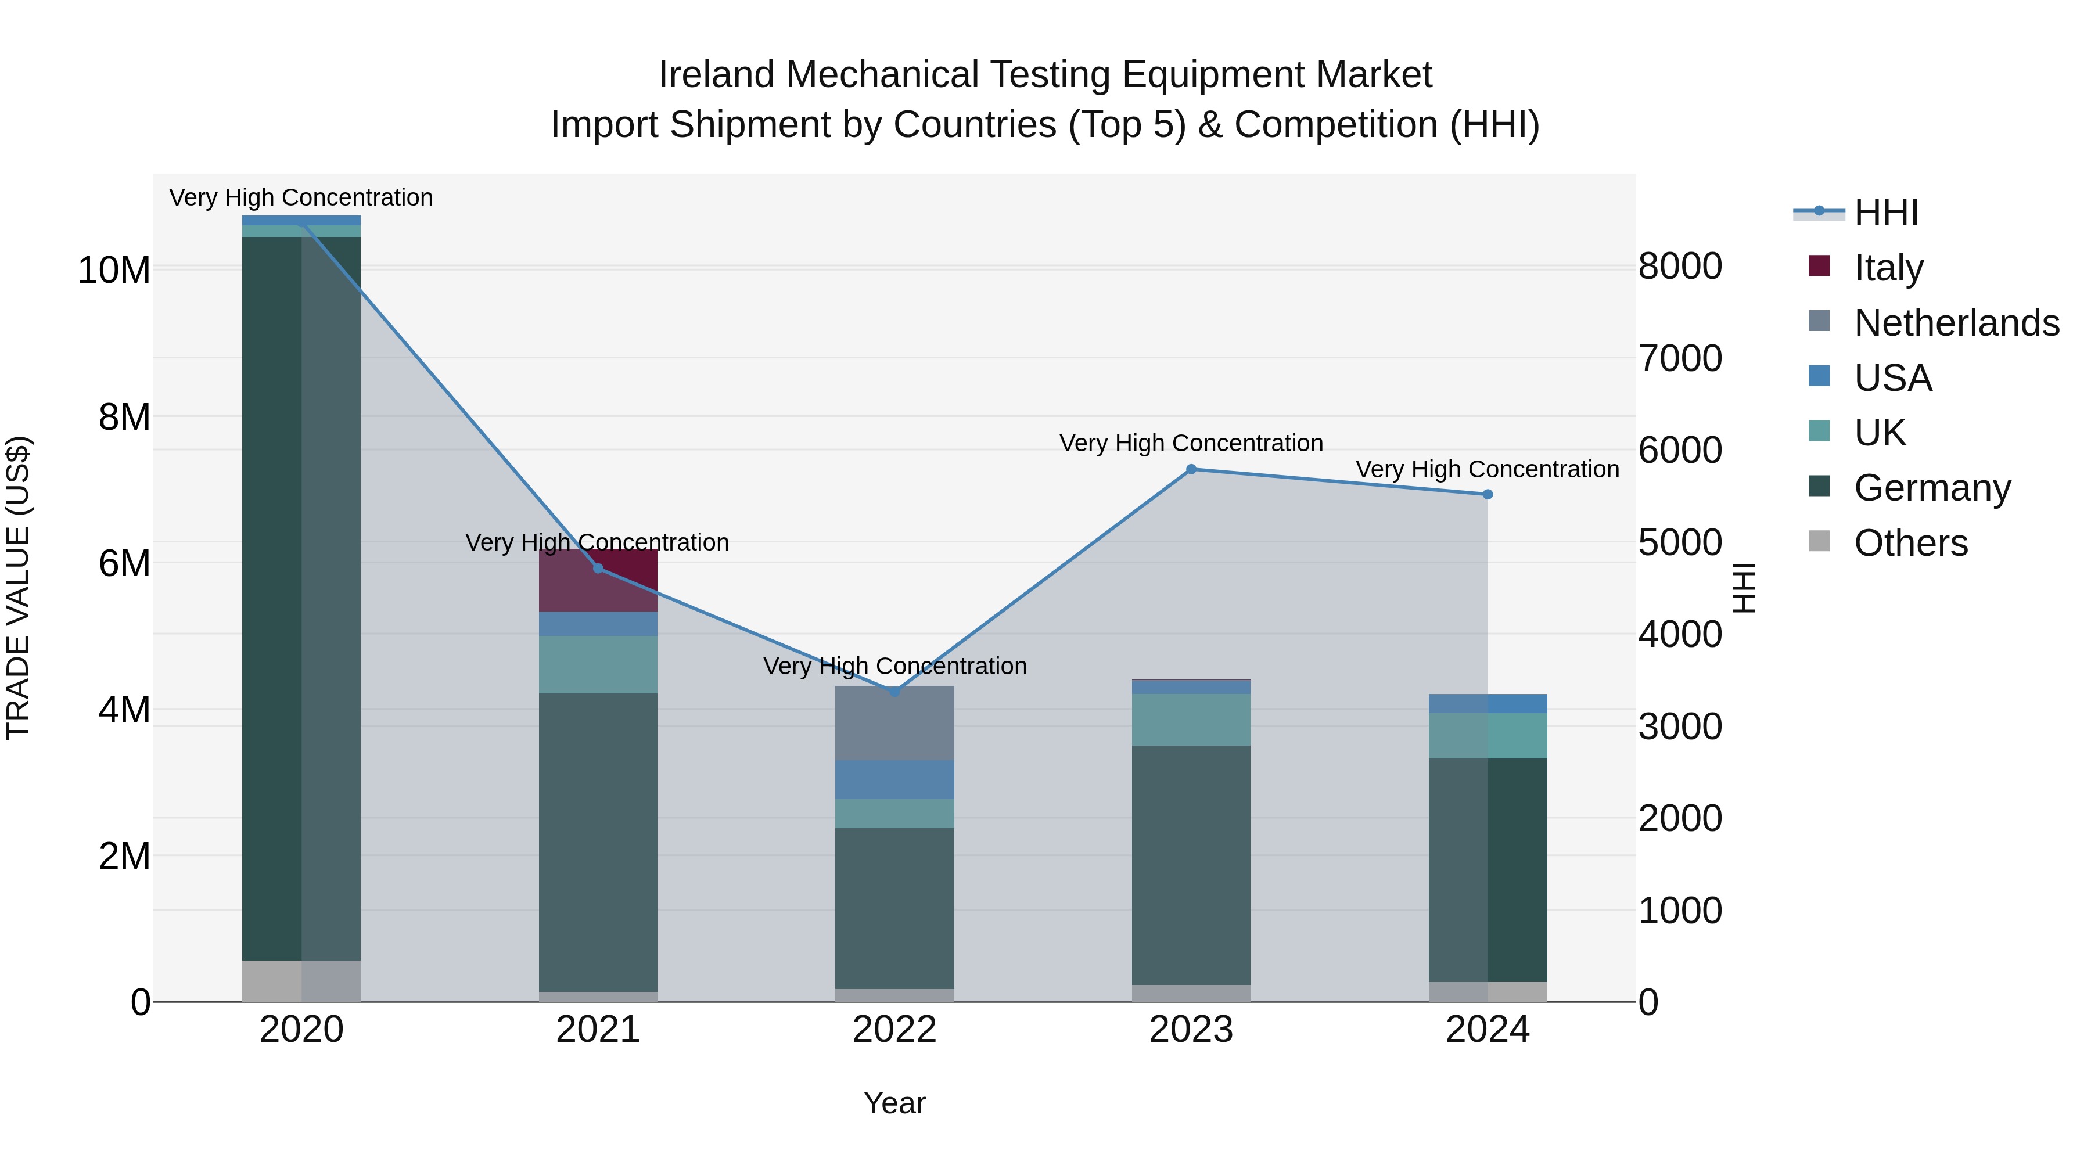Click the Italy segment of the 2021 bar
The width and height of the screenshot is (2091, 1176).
point(598,580)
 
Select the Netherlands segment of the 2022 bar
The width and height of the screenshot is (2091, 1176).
point(894,723)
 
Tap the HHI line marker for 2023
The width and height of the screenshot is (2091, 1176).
point(1191,469)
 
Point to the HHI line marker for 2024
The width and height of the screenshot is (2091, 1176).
point(1487,494)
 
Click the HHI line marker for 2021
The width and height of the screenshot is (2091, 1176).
point(598,568)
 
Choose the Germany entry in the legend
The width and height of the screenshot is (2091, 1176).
point(1932,488)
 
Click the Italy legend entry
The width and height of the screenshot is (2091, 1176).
point(1888,267)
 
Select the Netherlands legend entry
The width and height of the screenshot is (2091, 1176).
point(1956,322)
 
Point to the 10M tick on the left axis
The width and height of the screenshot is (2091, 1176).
point(114,270)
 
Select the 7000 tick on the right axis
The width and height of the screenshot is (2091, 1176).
point(1679,358)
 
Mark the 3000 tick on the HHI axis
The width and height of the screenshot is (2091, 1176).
point(1679,727)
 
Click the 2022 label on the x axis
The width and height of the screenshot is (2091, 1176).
point(894,1030)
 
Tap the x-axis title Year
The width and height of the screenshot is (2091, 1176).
point(894,1103)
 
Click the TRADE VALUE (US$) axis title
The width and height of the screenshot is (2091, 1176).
point(18,588)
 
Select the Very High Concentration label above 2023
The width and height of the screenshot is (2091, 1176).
point(1191,443)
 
